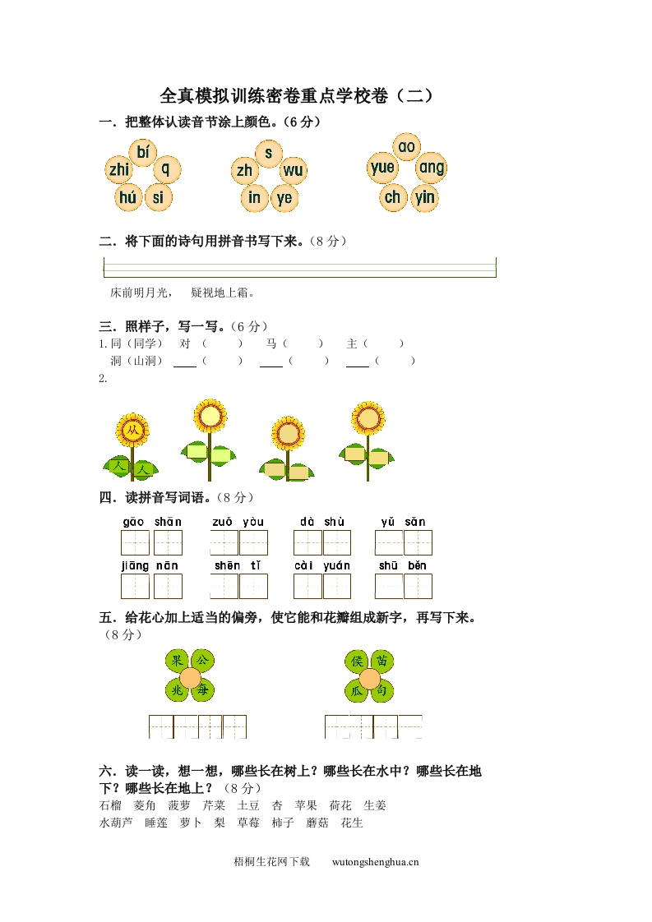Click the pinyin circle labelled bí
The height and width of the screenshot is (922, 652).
tap(144, 151)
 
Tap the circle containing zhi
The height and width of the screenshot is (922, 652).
tap(119, 170)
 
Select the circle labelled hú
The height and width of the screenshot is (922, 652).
tap(127, 197)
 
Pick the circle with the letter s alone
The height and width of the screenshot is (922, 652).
tap(268, 153)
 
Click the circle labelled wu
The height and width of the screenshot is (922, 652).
tap(292, 171)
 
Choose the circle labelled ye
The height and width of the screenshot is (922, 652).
tap(284, 197)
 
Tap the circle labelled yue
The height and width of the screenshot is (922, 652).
tap(382, 168)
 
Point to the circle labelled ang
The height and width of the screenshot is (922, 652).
tap(431, 168)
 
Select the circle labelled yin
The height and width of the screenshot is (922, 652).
tap(425, 197)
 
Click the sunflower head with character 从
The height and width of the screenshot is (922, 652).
tap(132, 430)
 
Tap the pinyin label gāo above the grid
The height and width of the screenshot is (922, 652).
tap(134, 522)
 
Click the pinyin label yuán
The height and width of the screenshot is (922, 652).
tap(336, 565)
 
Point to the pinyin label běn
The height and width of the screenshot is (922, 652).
tap(417, 565)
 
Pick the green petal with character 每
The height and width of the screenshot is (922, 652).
tap(203, 692)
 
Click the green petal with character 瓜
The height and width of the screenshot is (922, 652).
tap(356, 692)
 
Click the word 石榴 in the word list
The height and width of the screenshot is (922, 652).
tap(109, 805)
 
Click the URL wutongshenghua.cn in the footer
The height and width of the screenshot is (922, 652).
tap(376, 862)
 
